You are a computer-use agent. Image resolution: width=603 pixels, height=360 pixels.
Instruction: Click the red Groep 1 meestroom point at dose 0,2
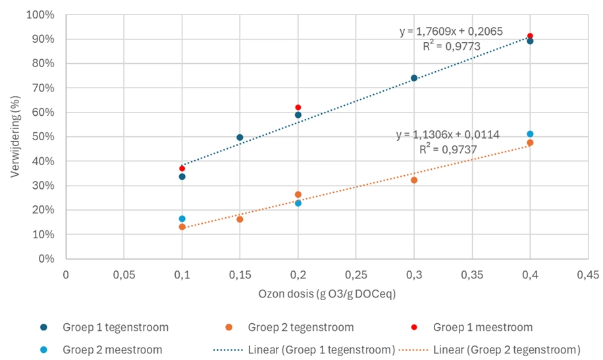298,107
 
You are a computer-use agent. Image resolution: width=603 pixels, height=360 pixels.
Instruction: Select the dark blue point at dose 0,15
240,138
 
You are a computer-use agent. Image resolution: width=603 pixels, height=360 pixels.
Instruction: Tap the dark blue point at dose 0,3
414,78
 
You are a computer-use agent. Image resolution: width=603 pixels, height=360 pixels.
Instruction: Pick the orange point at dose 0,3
414,180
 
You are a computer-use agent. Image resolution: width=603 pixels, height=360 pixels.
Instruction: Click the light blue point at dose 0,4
530,134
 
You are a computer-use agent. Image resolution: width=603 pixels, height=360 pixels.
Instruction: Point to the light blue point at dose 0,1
182,219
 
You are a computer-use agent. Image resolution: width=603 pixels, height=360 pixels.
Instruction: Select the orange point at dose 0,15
240,219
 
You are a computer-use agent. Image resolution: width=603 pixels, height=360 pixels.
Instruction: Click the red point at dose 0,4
530,36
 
